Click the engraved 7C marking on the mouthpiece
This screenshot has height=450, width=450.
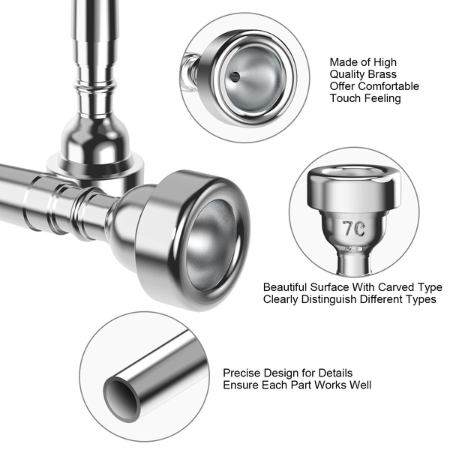(354, 229)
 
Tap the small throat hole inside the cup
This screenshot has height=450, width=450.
(235, 76)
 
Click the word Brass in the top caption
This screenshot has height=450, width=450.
(382, 74)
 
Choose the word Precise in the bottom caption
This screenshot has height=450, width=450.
(242, 373)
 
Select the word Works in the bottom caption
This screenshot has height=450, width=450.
(331, 385)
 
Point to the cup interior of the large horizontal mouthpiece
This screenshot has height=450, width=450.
(211, 245)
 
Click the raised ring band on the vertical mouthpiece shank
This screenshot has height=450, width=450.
(94, 85)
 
